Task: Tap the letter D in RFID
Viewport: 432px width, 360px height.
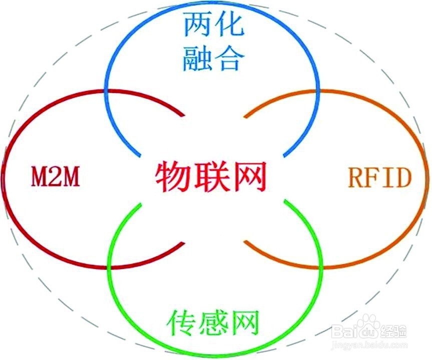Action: point(402,178)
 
